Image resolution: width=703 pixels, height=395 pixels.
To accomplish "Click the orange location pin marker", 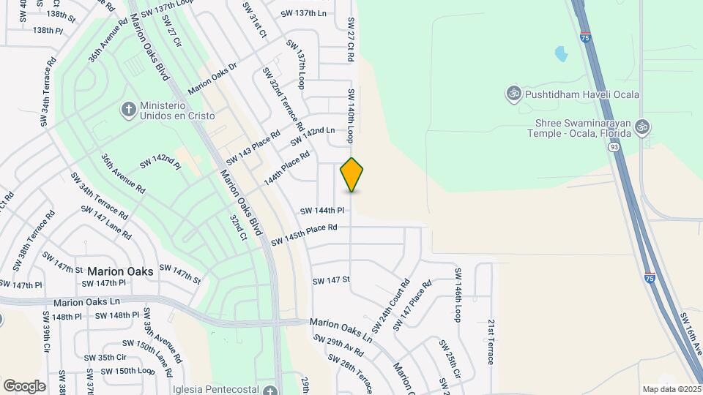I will (352, 174).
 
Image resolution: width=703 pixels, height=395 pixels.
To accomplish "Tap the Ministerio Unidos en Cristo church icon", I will (129, 109).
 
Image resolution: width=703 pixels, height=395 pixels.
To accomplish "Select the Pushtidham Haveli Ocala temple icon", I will (513, 94).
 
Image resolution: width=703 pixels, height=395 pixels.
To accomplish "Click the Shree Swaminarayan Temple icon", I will (642, 127).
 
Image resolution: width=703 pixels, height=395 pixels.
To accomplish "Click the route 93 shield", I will (612, 147).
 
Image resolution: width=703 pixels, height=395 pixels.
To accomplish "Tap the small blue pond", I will (562, 53).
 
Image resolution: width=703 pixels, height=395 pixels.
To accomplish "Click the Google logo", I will (24, 385).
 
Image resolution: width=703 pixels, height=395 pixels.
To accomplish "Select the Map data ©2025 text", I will (671, 389).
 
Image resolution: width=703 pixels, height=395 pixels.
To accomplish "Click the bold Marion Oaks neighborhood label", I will (120, 271).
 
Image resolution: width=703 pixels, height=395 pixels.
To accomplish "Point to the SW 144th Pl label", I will (321, 211).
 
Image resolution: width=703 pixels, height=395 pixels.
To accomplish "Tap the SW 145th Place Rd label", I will (304, 236).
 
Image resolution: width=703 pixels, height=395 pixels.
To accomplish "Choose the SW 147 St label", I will (332, 280).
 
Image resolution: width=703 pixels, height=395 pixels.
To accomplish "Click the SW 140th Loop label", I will (351, 116).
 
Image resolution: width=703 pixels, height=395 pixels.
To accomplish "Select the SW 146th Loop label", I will (458, 295).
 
